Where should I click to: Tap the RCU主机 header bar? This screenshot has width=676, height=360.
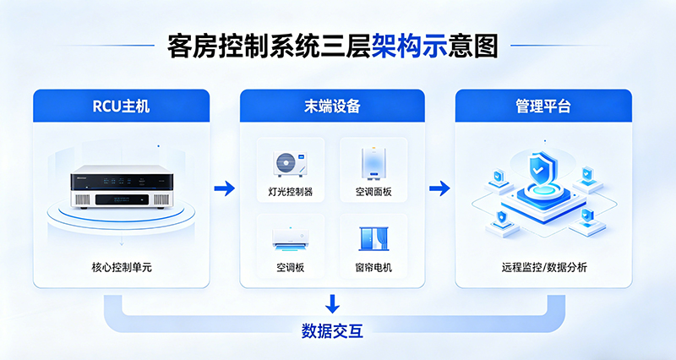pyautogui.click(x=122, y=106)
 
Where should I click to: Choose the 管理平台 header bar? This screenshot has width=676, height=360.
pyautogui.click(x=543, y=106)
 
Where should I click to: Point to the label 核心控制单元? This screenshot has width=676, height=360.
pyautogui.click(x=122, y=267)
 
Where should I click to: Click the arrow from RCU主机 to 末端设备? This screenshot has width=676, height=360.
pyautogui.click(x=224, y=188)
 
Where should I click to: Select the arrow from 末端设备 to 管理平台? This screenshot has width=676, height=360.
pyautogui.click(x=439, y=188)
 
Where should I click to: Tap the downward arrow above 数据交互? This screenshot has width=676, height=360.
pyautogui.click(x=332, y=303)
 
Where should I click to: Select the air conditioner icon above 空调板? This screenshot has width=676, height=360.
pyautogui.click(x=290, y=237)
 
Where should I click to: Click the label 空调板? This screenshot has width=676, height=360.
pyautogui.click(x=290, y=269)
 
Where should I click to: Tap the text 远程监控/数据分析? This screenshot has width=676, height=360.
pyautogui.click(x=543, y=267)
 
